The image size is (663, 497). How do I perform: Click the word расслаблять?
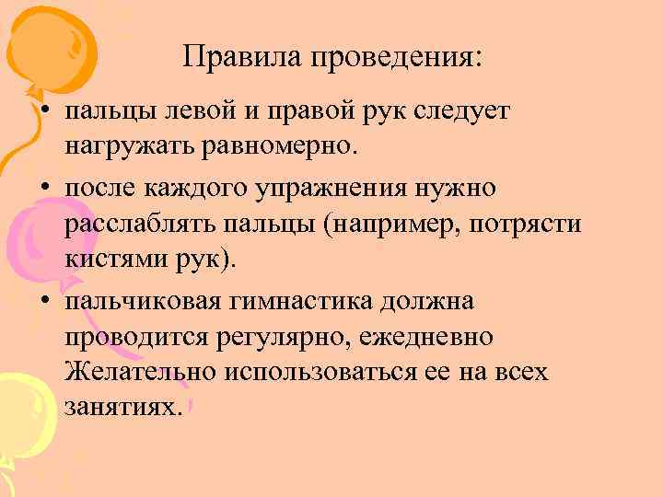click(x=139, y=225)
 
